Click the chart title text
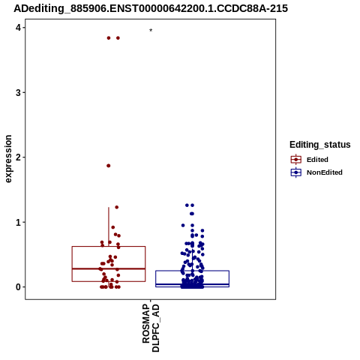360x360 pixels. (151, 9)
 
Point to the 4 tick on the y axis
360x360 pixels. (18, 28)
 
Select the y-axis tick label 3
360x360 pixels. (18, 92)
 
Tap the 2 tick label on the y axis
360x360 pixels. (18, 157)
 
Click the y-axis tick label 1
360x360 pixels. (18, 222)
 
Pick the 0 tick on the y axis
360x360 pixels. (18, 287)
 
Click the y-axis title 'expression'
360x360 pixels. (8, 159)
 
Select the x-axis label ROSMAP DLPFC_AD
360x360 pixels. (151, 328)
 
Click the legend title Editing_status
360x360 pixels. (320, 145)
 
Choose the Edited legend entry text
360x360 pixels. (317, 160)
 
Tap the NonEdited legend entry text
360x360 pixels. (325, 172)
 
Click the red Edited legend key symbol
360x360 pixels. (296, 160)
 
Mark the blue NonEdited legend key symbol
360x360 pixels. (296, 172)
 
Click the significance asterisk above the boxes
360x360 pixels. (151, 30)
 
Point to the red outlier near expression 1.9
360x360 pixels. (109, 166)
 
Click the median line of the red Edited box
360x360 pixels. (109, 268)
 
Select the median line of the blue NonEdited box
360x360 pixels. (192, 284)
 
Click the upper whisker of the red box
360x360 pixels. (109, 226)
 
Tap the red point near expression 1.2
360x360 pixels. (117, 207)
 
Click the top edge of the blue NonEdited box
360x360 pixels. (192, 271)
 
